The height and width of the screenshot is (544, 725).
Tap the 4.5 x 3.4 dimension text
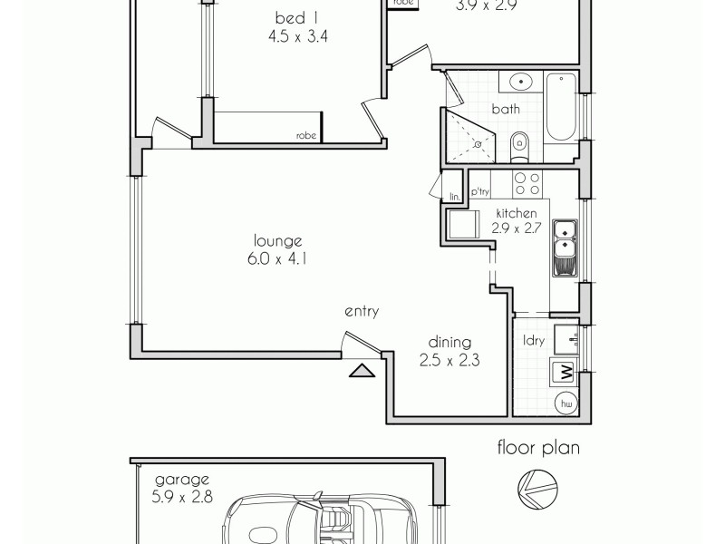click(291, 38)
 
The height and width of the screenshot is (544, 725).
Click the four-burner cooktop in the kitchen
click(527, 184)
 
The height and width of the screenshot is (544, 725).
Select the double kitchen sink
click(565, 246)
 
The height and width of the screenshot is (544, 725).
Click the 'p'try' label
click(480, 193)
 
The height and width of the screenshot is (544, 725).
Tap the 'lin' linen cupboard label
click(454, 195)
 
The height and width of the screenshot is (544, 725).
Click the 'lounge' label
click(277, 240)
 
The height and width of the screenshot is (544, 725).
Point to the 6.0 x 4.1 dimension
click(277, 258)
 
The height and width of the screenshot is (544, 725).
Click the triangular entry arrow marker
click(361, 370)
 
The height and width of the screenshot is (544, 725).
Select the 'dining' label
click(449, 342)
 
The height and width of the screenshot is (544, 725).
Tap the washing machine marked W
click(564, 372)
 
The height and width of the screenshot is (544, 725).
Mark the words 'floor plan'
click(536, 447)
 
